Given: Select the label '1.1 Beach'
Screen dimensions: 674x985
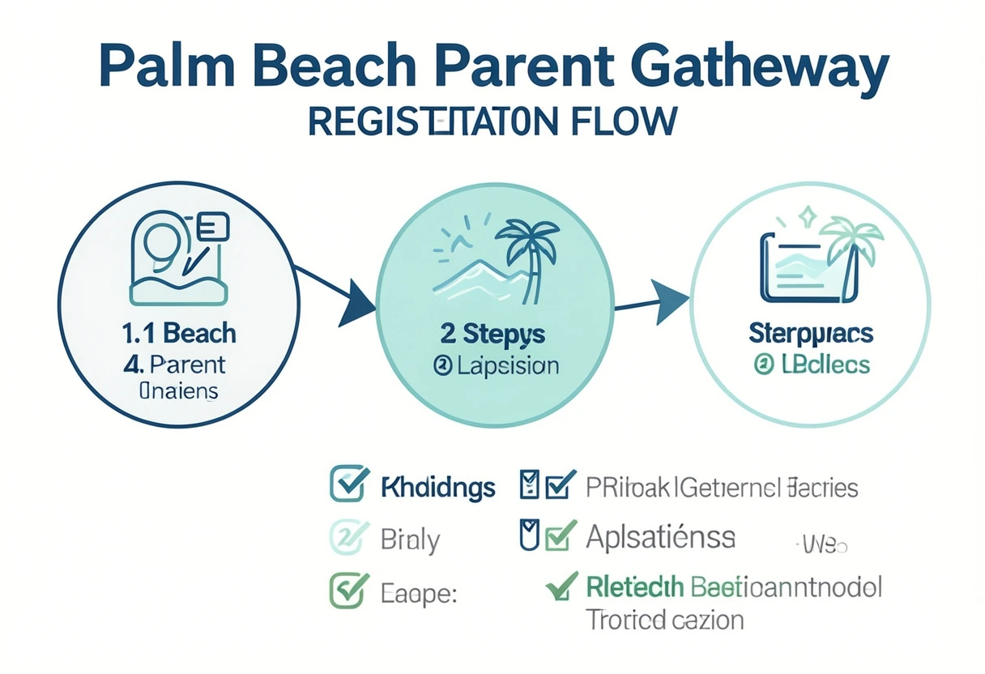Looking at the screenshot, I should click(178, 333).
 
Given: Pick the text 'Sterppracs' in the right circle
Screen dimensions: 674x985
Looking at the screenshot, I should click(811, 334).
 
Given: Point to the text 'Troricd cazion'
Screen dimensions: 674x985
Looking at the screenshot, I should click(664, 621).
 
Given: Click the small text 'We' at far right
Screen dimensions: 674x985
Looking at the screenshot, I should click(825, 545).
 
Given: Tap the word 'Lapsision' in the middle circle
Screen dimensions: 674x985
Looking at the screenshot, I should click(509, 365).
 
